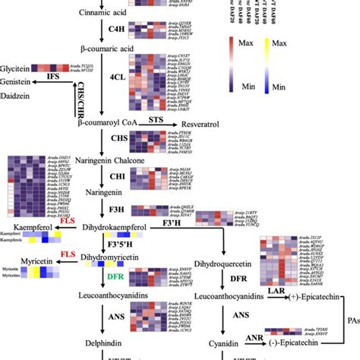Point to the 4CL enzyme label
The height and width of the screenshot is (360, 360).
118,77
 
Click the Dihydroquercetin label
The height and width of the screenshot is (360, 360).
225,264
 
